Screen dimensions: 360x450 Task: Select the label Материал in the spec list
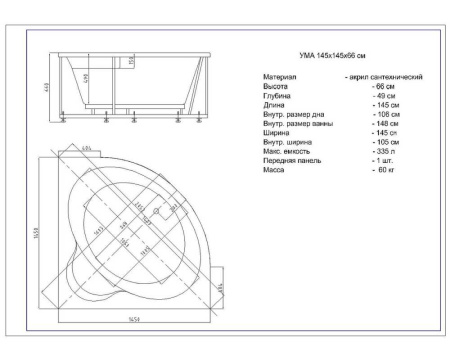point(280,77)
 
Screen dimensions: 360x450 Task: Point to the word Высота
point(277,87)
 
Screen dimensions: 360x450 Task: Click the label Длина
point(275,105)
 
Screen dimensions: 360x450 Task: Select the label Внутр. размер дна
point(293,115)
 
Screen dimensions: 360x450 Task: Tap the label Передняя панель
point(292,161)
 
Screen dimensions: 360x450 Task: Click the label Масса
point(275,170)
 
